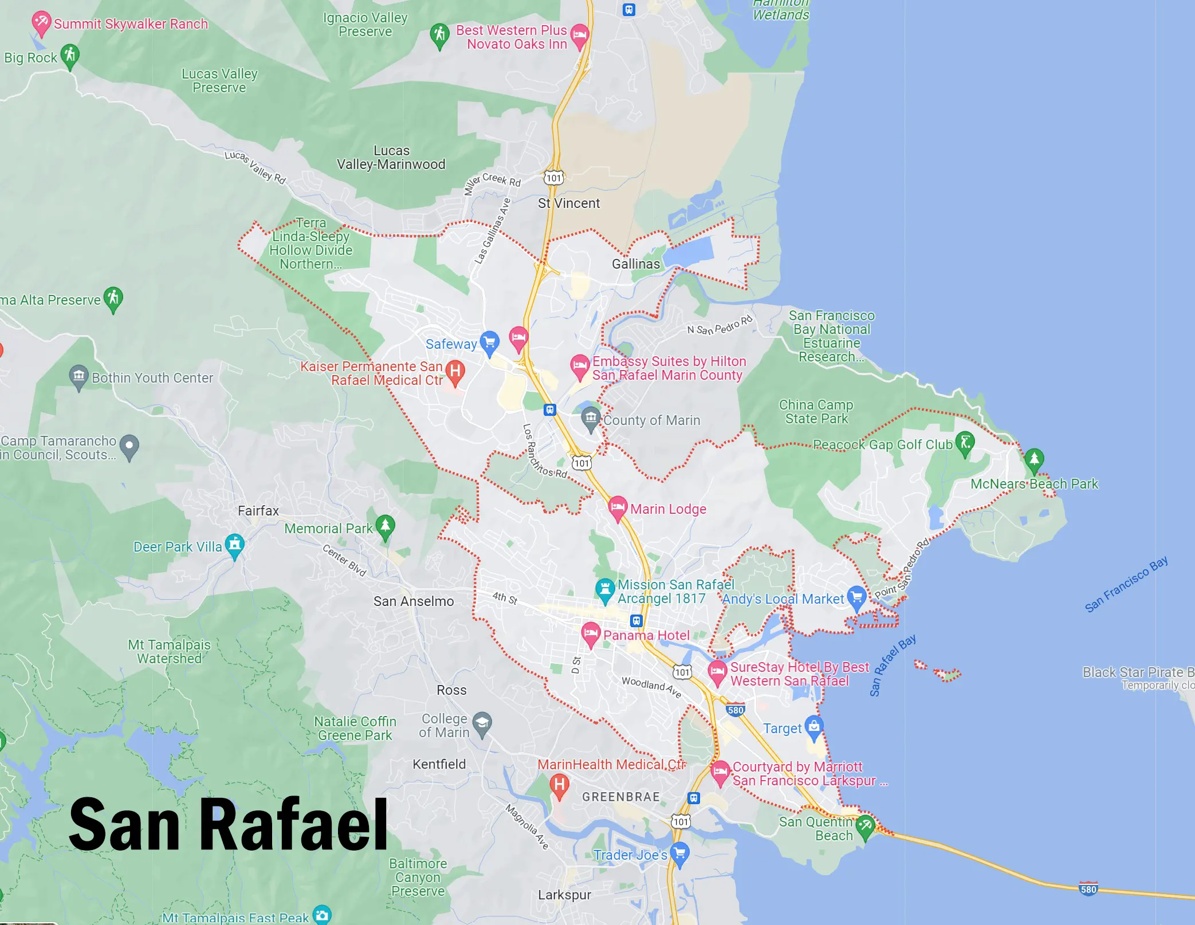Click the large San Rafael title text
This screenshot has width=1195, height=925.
pyautogui.click(x=228, y=825)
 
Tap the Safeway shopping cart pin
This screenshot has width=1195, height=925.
pyautogui.click(x=489, y=343)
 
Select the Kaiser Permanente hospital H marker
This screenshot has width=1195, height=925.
pyautogui.click(x=455, y=371)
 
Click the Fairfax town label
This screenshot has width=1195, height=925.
pyautogui.click(x=258, y=511)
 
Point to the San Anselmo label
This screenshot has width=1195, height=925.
pyautogui.click(x=414, y=601)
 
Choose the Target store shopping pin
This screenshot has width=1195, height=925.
pyautogui.click(x=813, y=726)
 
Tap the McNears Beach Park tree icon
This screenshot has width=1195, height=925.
pyautogui.click(x=1033, y=459)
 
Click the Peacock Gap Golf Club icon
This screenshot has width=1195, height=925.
pyautogui.click(x=965, y=443)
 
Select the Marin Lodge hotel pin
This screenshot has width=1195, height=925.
pyautogui.click(x=617, y=507)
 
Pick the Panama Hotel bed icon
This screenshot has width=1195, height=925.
pyautogui.click(x=591, y=633)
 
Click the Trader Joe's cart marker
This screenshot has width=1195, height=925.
pyautogui.click(x=679, y=853)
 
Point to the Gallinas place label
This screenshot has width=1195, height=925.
pyautogui.click(x=636, y=264)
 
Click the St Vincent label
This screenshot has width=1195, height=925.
pyautogui.click(x=569, y=203)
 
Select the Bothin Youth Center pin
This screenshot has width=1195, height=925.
pyautogui.click(x=78, y=376)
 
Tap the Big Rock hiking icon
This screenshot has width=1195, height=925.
pyautogui.click(x=70, y=56)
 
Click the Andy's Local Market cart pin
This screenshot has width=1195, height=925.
pyautogui.click(x=856, y=597)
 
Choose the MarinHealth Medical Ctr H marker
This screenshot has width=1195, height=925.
pyautogui.click(x=559, y=785)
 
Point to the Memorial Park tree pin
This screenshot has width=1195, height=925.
pyautogui.click(x=385, y=526)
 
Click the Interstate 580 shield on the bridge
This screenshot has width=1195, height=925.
pyautogui.click(x=1088, y=889)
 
